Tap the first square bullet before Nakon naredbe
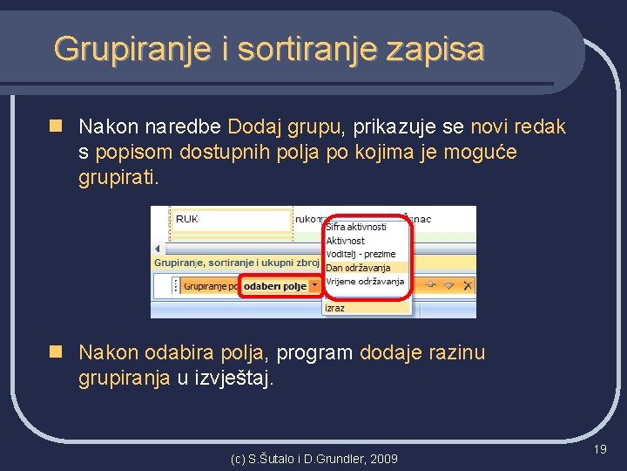[x=56, y=127]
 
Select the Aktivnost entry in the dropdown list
[x=345, y=240]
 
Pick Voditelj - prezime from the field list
[x=360, y=254]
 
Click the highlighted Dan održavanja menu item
[x=358, y=268]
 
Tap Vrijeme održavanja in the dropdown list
[x=365, y=282]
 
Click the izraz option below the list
[x=335, y=307]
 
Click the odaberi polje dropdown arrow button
[x=315, y=286]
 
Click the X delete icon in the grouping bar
[x=468, y=285]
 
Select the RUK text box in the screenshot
[x=231, y=220]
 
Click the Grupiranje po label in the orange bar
[x=210, y=286]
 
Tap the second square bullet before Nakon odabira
[x=56, y=353]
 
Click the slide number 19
[x=600, y=449]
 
